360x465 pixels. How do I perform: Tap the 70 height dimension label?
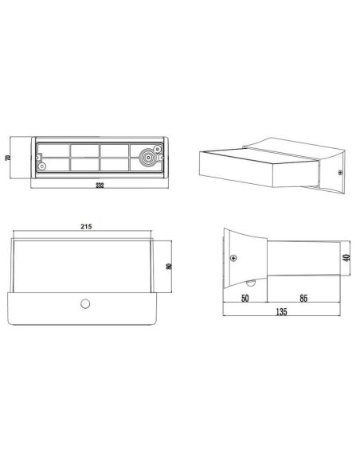pyautogui.click(x=7, y=158)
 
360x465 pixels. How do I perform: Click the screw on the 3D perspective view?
pyautogui.click(x=340, y=172)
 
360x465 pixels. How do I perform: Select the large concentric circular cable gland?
pyautogui.click(x=147, y=158)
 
